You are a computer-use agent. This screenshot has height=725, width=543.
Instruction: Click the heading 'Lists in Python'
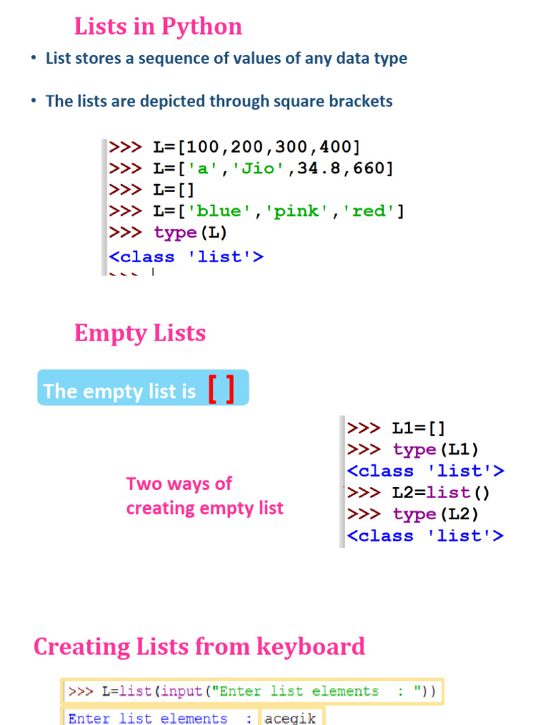(158, 27)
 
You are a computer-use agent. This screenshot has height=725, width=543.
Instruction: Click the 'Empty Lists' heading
(140, 333)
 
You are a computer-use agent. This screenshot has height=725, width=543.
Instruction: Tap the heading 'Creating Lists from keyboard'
(199, 646)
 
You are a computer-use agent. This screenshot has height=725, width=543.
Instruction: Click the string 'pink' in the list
(298, 211)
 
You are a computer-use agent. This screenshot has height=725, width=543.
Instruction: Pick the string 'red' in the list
(368, 211)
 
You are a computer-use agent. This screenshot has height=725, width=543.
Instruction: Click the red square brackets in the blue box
(221, 389)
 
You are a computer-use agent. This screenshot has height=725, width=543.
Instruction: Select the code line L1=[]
(419, 428)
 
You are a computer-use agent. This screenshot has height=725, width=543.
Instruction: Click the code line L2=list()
(440, 492)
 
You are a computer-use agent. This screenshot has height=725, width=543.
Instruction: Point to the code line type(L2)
(436, 514)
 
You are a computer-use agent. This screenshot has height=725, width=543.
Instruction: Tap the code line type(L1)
(436, 450)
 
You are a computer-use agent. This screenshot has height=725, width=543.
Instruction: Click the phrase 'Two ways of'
(179, 484)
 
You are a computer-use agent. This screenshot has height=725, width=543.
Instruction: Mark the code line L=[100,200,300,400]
(257, 147)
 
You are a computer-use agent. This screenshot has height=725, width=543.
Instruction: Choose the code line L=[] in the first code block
(173, 190)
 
